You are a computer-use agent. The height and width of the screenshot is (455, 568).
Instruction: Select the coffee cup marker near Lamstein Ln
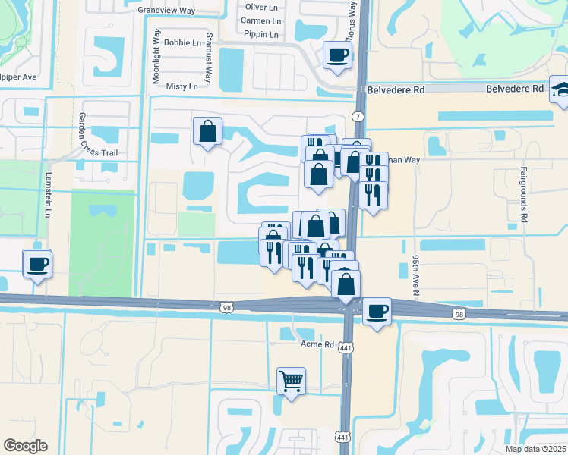(36, 265)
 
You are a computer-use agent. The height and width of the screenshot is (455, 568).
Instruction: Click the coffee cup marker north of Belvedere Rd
(337, 55)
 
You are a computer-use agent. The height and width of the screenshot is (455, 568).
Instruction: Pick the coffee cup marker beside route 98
(377, 311)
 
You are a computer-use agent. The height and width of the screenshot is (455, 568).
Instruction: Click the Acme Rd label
(318, 344)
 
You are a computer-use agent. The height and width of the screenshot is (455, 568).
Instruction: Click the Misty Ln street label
(182, 86)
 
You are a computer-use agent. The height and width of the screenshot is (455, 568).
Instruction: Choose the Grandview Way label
(166, 10)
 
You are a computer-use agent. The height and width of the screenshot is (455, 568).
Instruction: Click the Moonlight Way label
(156, 57)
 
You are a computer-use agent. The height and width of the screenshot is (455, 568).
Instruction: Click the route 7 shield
(358, 115)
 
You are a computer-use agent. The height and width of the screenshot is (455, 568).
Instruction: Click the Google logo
(25, 446)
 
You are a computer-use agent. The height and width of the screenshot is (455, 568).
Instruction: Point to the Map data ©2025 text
(535, 448)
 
